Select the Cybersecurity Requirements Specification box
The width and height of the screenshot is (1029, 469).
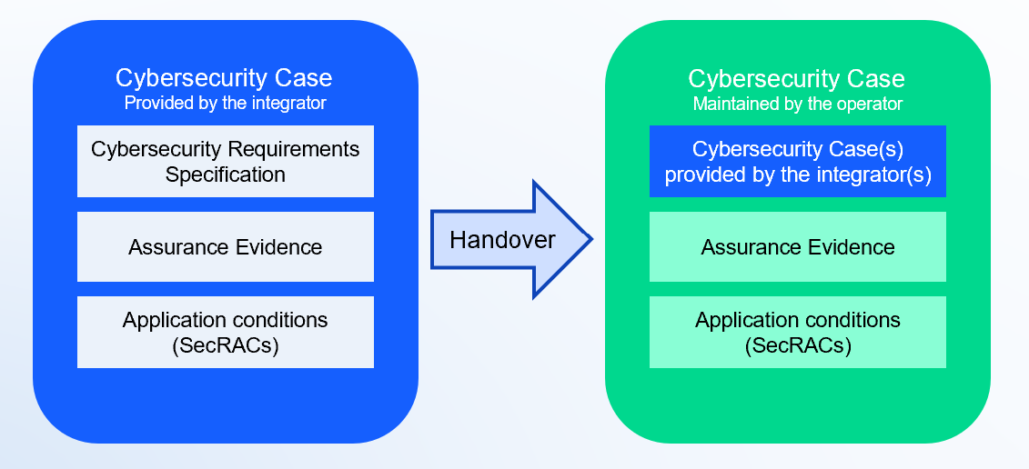225,161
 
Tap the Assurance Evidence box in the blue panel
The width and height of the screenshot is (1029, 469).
225,246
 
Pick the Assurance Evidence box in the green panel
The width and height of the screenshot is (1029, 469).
797,246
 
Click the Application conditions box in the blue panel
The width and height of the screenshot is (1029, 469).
225,332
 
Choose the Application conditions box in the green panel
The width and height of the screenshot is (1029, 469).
797,332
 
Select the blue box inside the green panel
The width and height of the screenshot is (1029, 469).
797,161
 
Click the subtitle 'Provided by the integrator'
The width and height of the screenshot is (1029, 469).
225,103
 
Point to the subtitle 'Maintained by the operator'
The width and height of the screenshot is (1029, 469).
797,104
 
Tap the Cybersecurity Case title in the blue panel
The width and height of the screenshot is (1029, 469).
224,78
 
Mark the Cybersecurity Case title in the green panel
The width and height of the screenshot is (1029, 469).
796,78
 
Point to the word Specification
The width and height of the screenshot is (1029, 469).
225,175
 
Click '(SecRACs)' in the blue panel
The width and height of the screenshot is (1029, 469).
225,345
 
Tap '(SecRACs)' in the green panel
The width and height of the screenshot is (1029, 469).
797,345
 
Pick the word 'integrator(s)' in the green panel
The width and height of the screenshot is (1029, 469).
875,175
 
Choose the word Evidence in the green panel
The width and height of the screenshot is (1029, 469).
851,246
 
